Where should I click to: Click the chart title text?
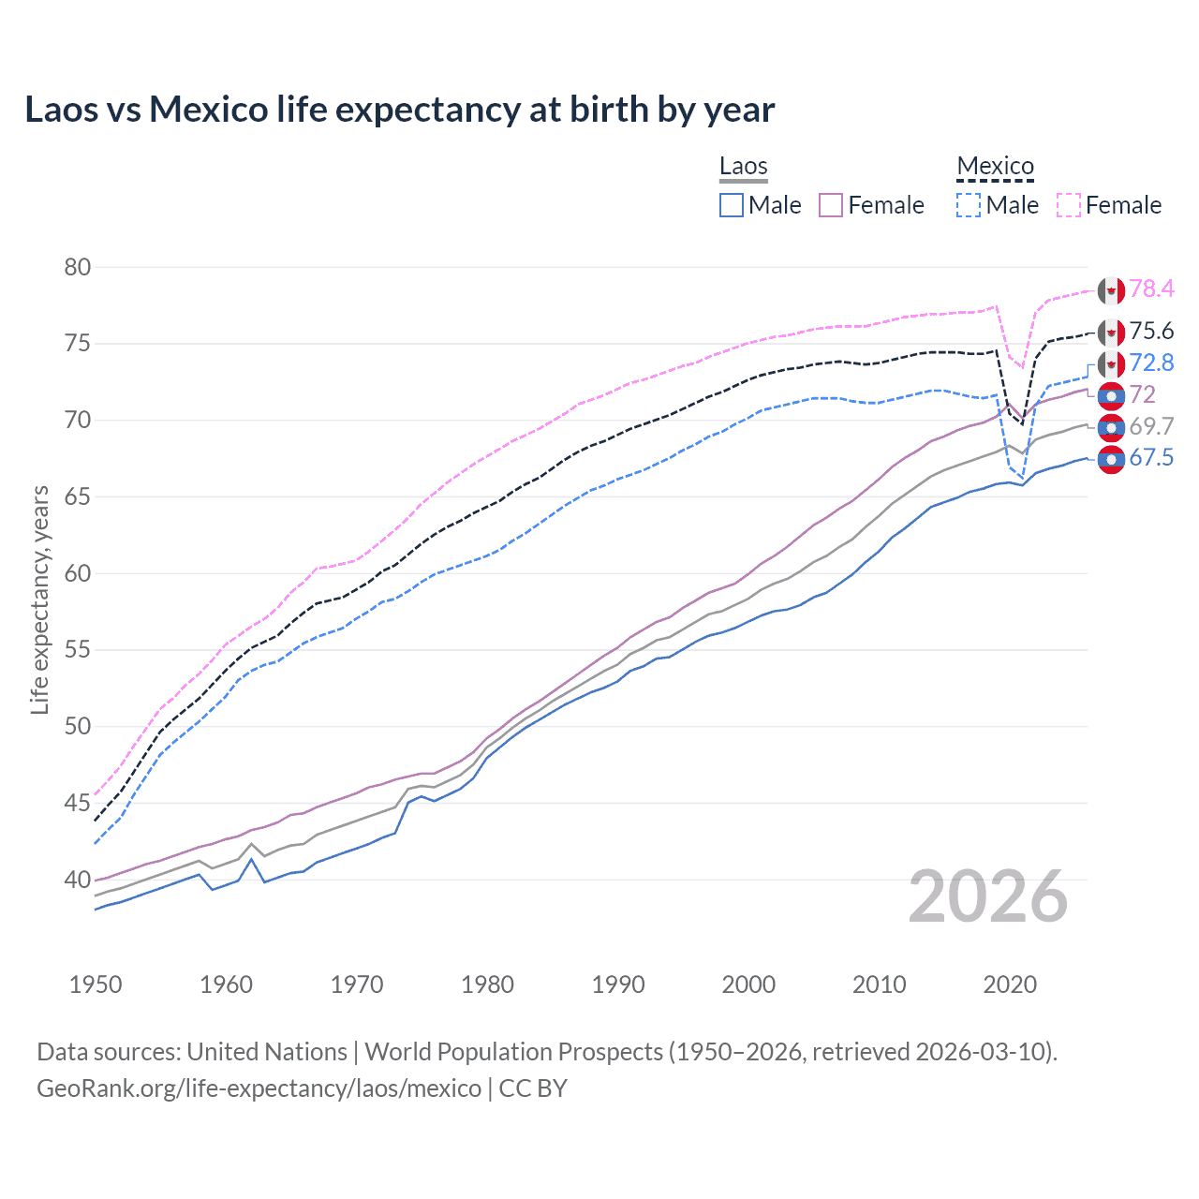tap(400, 110)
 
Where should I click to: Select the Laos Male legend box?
tap(732, 205)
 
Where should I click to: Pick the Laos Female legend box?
tap(832, 205)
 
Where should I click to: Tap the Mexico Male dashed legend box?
tap(970, 205)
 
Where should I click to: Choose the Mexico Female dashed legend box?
tap(1069, 205)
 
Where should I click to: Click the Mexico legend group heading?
tap(995, 167)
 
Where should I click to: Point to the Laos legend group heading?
tap(743, 167)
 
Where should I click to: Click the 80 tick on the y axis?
tap(78, 267)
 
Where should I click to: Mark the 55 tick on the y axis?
tap(78, 650)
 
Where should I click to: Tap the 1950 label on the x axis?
tap(96, 984)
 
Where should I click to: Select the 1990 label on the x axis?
tap(618, 984)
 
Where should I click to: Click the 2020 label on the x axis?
tap(1010, 984)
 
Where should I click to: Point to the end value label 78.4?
tap(1151, 289)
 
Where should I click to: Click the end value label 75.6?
tap(1151, 331)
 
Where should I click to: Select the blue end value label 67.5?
tap(1151, 457)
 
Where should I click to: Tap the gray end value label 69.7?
tap(1151, 426)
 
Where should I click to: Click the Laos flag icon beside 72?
tap(1111, 396)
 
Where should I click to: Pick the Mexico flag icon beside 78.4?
tap(1111, 290)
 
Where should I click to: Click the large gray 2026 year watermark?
tap(988, 896)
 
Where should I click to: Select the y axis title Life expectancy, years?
tap(39, 599)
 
